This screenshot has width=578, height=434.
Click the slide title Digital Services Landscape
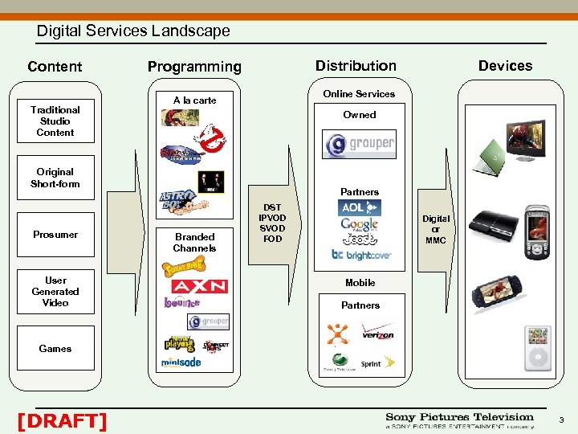coord(133,31)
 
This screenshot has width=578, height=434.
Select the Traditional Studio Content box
coord(55,121)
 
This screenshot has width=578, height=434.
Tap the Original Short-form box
coord(55,178)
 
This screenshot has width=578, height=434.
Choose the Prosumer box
coord(55,235)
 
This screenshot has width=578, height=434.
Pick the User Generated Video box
coord(55,292)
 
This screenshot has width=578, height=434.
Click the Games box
coord(55,349)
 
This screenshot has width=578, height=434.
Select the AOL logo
coord(359,207)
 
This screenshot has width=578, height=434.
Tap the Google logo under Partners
coord(359,224)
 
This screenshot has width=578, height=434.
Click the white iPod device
coord(537,350)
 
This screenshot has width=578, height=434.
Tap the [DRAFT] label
coord(62,420)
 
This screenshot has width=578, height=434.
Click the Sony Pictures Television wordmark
coord(459,417)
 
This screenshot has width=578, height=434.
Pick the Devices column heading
coord(505,66)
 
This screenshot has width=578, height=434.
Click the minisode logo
coord(181,362)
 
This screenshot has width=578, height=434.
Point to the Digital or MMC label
coord(436,230)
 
